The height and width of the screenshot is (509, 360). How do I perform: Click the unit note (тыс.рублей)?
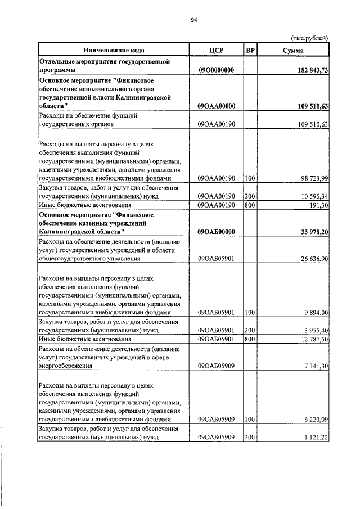[309, 38]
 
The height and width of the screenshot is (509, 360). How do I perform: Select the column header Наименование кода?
[112, 50]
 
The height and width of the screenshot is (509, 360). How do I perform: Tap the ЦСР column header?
[216, 50]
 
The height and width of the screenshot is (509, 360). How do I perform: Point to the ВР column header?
[250, 50]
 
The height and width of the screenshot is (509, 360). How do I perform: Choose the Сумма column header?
[294, 50]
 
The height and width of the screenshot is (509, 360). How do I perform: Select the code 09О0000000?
[216, 70]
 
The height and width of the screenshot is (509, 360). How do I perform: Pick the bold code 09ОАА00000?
[216, 106]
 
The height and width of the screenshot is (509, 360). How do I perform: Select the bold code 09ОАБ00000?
[216, 232]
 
